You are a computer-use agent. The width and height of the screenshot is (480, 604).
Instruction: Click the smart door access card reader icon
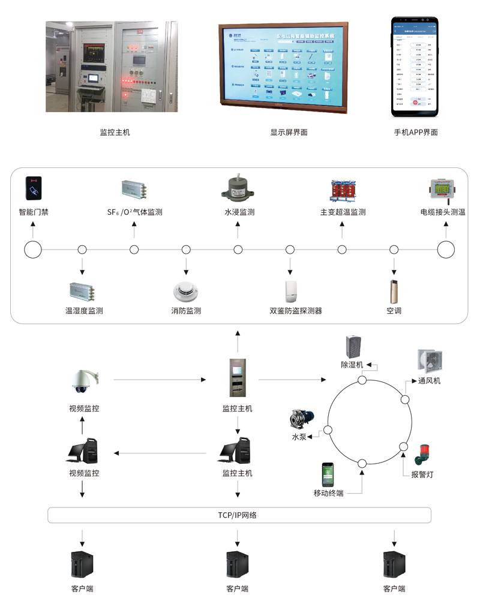click(x=34, y=188)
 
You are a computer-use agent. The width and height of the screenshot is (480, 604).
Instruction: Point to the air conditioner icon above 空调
click(x=394, y=290)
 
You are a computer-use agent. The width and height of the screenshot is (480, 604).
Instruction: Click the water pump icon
click(x=302, y=418)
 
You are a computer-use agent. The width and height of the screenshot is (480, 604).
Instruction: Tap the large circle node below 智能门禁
click(x=33, y=250)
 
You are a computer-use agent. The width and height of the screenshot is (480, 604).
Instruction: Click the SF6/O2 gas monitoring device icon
click(x=135, y=190)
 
